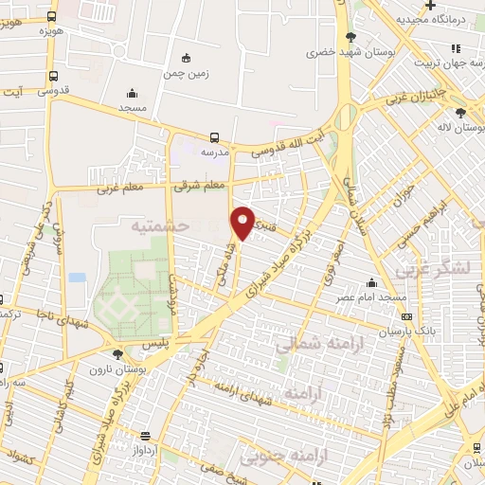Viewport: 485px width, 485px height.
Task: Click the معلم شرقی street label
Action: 201,186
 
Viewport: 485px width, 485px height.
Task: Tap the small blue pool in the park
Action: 77,278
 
